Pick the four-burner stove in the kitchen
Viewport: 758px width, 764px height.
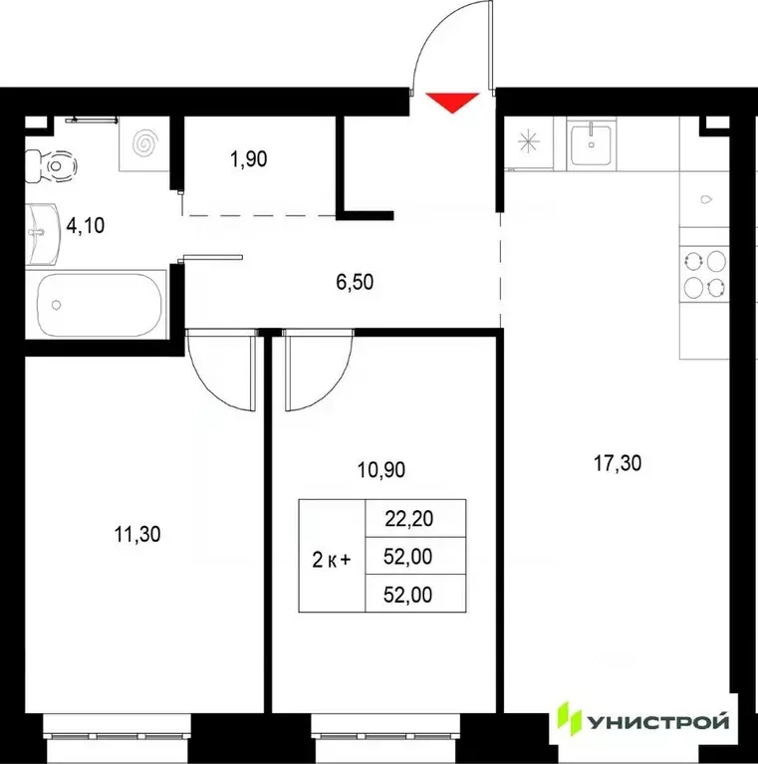(704, 273)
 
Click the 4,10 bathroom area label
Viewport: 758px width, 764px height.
(86, 225)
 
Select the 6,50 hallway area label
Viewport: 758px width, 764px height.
(356, 283)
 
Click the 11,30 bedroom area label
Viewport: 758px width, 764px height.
(137, 535)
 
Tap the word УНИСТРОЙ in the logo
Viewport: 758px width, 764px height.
(658, 720)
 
